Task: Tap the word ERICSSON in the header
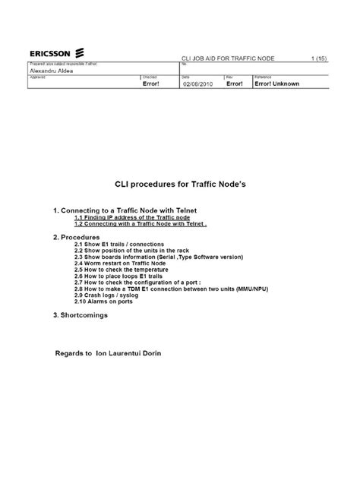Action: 51,54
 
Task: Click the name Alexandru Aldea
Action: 49,70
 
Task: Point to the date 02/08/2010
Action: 199,84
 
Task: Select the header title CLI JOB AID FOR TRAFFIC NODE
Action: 226,58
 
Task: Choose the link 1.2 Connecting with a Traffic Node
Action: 140,224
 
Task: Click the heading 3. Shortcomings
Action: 81,315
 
